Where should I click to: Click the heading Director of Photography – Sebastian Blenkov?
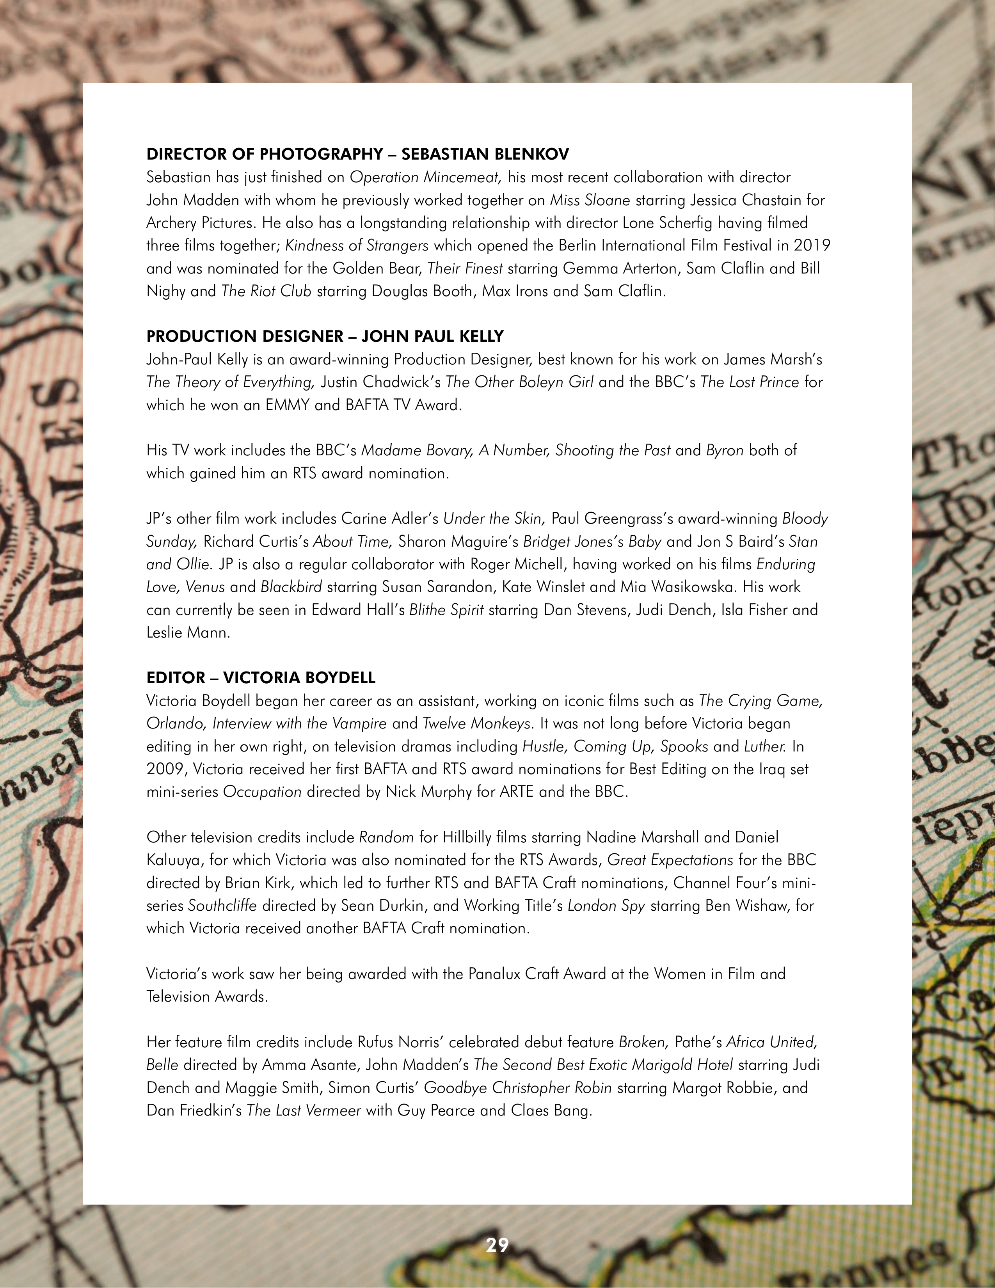357,155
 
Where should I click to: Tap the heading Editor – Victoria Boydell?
261,678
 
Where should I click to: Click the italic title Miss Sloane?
590,201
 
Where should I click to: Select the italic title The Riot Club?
266,291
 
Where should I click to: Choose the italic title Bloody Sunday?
805,519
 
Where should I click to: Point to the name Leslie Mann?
188,633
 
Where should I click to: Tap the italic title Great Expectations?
670,860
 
